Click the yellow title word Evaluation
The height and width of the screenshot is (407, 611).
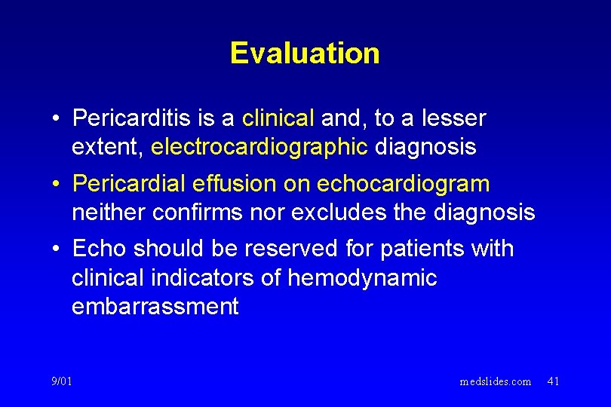click(x=305, y=54)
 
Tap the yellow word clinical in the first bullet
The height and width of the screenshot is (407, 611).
click(x=278, y=118)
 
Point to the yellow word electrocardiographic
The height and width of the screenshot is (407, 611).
click(x=259, y=147)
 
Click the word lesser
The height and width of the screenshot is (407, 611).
click(x=453, y=118)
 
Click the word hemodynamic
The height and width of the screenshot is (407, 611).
click(x=362, y=278)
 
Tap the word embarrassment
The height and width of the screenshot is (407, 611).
click(x=155, y=307)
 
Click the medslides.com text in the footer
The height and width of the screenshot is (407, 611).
click(x=496, y=381)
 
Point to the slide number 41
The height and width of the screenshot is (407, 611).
click(x=553, y=381)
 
